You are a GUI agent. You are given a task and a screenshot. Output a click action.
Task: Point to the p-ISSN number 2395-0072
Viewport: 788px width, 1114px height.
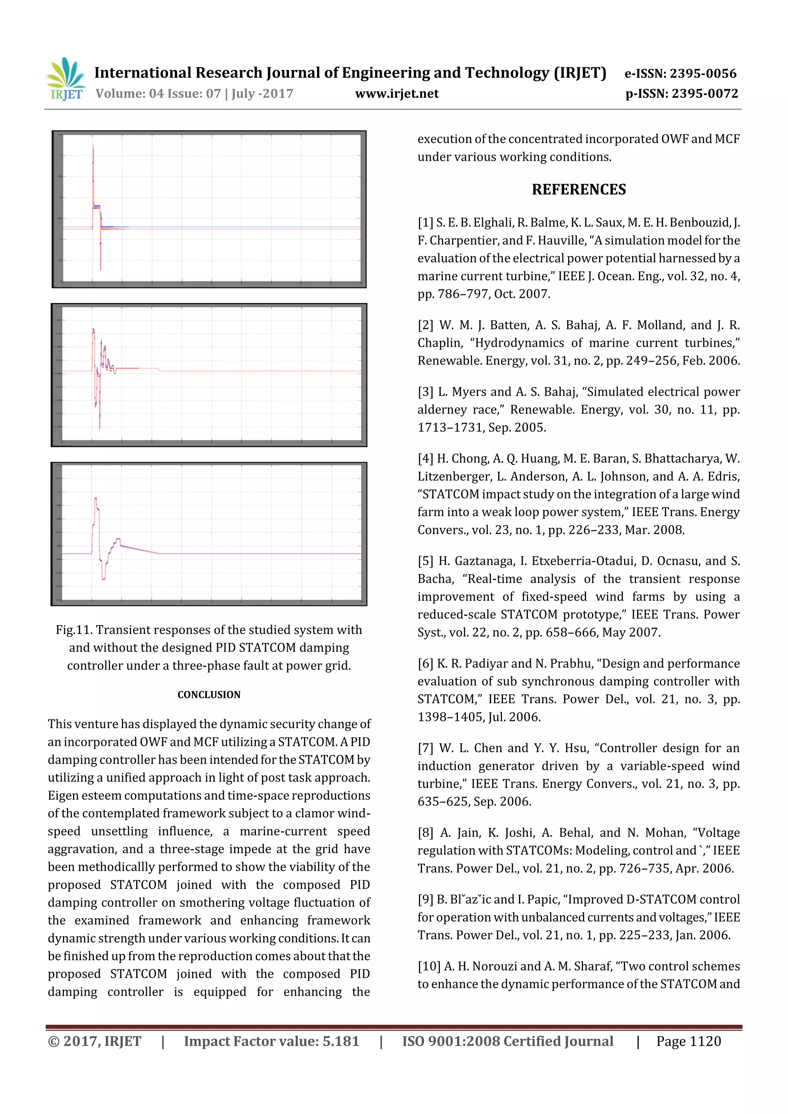point(705,93)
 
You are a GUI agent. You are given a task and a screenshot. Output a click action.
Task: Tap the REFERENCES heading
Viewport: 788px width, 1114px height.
point(578,189)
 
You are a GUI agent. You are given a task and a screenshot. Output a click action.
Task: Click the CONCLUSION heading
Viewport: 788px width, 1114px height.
point(209,695)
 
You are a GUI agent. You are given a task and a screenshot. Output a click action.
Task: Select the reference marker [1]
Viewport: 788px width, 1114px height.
point(425,223)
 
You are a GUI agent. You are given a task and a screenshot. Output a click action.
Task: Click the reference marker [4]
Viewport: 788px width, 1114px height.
point(426,459)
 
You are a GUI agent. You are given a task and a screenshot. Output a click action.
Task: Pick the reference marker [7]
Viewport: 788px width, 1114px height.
point(426,748)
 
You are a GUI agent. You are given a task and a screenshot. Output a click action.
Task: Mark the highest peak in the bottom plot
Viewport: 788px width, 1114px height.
point(95,498)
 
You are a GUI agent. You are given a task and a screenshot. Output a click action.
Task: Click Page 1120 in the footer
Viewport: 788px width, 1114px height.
point(688,1041)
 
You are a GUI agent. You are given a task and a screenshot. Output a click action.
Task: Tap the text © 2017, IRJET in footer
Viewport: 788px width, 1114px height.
point(94,1041)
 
